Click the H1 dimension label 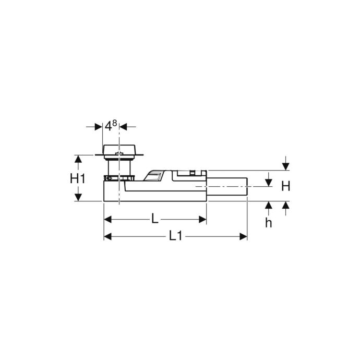(78, 178)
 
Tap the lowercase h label (268, 223)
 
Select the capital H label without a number (285, 186)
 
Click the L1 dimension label (175, 236)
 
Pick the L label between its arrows (155, 219)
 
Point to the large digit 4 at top (108, 126)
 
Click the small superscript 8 (115, 123)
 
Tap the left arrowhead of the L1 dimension (107, 236)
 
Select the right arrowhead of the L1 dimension (243, 236)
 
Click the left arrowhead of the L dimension (107, 219)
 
